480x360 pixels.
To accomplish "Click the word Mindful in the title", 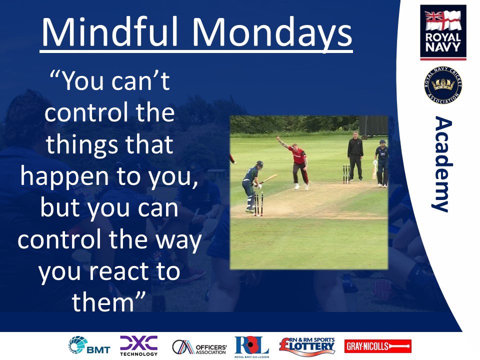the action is tap(109, 32).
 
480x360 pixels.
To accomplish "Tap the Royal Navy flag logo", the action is tap(443, 32).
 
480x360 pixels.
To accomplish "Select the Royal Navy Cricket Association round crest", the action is tap(443, 85).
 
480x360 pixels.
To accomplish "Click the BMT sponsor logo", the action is tap(89, 345).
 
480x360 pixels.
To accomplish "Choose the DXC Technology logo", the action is tap(138, 346).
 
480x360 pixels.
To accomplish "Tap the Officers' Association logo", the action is tap(199, 347).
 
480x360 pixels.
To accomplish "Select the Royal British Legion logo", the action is tap(251, 347).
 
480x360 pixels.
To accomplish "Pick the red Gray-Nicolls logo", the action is tap(378, 346).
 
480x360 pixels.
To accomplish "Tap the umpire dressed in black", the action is tap(355, 156).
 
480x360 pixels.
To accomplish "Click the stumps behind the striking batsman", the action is tap(258, 203).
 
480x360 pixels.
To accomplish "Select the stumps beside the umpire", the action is tap(346, 173).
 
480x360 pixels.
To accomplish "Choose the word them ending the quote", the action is tap(103, 302).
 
